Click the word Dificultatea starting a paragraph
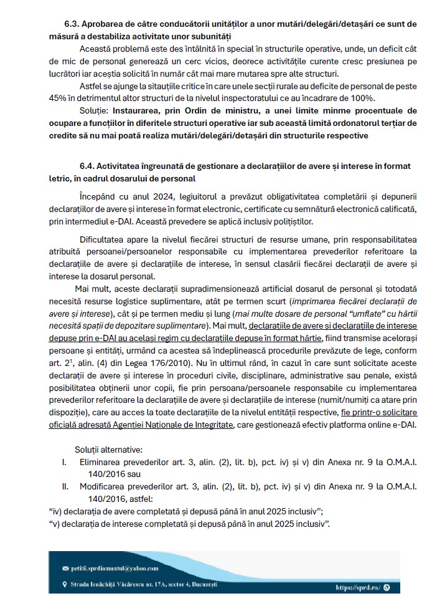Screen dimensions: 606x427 point(103,239)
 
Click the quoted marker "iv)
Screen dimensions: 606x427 point(55,511)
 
